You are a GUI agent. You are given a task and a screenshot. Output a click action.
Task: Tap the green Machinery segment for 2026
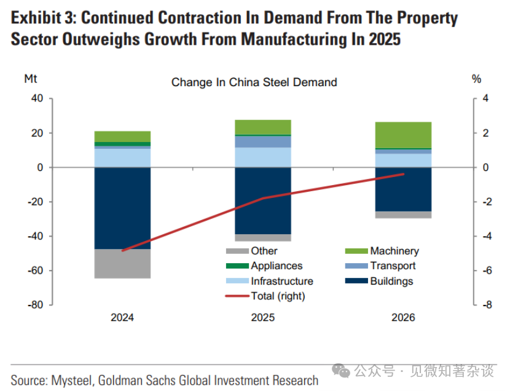coord(403,135)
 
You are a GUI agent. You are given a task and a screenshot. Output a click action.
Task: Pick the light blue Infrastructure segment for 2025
coord(263,157)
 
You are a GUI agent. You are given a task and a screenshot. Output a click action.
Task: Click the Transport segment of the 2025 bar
coord(263,141)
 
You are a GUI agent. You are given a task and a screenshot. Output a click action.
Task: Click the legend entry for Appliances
coord(277,266)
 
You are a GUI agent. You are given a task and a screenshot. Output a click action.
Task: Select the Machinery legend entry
coord(394,251)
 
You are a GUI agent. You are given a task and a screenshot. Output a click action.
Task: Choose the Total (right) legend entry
coord(278,296)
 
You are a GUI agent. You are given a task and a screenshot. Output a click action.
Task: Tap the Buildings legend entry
coord(391,281)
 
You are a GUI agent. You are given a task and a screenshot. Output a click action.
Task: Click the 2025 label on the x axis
coord(263,317)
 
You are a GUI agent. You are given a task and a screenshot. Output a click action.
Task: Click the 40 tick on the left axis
coord(37,99)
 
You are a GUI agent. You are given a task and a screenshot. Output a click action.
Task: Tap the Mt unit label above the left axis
coord(30,79)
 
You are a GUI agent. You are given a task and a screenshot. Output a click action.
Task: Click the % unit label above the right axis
coord(476,79)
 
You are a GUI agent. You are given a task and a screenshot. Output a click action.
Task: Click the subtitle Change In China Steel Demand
coord(254,82)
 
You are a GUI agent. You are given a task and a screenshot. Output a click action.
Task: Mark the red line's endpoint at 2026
coord(404,174)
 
